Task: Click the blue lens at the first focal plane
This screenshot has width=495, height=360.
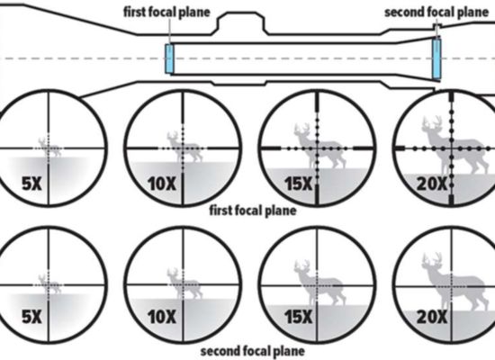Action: [169, 58]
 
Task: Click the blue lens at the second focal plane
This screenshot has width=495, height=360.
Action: [436, 58]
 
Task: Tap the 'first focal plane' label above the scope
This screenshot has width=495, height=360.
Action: [166, 13]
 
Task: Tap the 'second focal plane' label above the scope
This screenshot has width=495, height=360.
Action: [436, 13]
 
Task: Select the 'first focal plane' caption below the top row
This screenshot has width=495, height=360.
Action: [253, 211]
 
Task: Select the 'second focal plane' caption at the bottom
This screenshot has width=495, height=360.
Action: [253, 351]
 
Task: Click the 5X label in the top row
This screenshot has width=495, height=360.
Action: [31, 184]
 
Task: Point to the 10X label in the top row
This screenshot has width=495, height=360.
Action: [162, 184]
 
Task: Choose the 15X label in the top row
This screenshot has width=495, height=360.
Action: [298, 184]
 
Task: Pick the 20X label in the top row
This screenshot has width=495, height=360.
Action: [432, 184]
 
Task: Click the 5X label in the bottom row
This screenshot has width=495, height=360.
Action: [31, 317]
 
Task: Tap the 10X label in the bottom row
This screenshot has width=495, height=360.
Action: [162, 317]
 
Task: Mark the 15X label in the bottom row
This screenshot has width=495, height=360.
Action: [298, 317]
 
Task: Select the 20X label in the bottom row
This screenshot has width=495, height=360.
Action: [432, 317]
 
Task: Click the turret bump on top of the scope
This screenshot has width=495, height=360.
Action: [241, 22]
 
